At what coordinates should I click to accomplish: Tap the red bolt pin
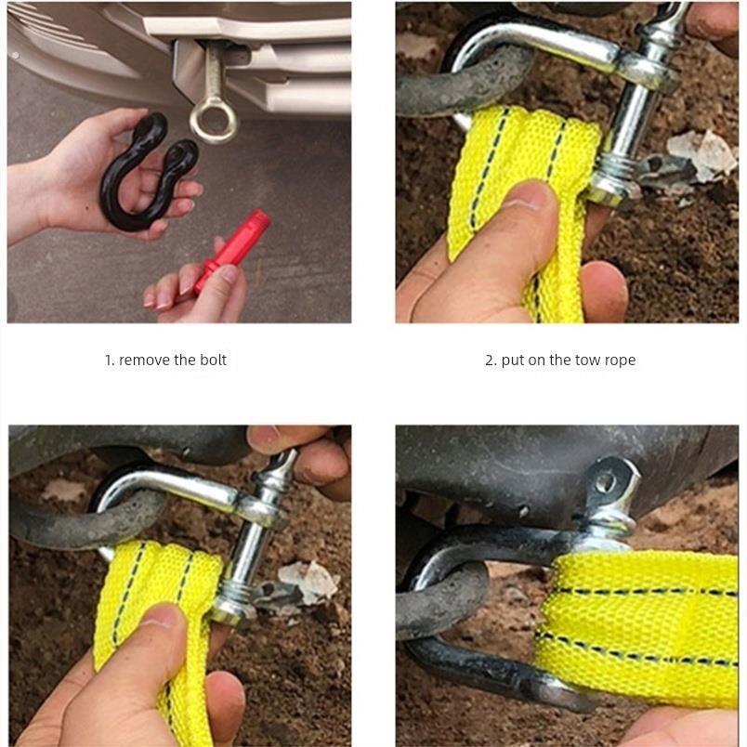[232, 254]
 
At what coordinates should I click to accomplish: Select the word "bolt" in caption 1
[213, 360]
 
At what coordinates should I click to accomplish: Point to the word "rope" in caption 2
[620, 360]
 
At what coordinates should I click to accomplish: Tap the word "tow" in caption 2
[587, 360]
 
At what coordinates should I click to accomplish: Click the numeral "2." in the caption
[491, 360]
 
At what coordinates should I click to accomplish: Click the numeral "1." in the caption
[109, 360]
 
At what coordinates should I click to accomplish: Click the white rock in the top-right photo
[701, 155]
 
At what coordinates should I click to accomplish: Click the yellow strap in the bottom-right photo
[638, 629]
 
